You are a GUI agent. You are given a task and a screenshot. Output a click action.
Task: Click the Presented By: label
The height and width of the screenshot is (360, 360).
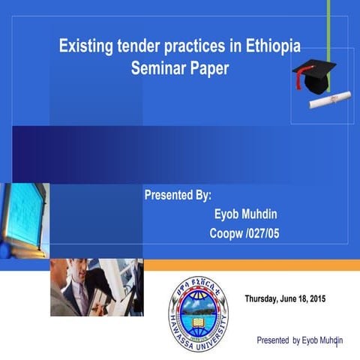[x=178, y=196]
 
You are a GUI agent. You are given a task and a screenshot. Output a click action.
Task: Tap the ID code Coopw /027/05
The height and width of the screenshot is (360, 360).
[x=244, y=235]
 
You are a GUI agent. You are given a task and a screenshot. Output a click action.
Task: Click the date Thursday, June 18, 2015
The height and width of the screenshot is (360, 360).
[x=285, y=300]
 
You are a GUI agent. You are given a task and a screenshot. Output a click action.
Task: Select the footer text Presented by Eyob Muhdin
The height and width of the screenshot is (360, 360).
[x=299, y=340]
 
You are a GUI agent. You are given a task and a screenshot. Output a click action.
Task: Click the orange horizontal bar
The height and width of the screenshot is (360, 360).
[x=247, y=265]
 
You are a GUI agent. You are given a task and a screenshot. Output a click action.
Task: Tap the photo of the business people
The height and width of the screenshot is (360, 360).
[x=96, y=286]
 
